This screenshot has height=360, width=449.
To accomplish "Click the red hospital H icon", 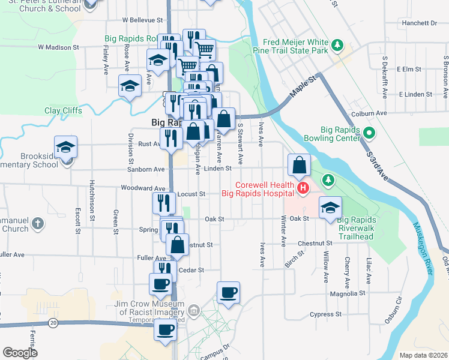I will tap(303, 189).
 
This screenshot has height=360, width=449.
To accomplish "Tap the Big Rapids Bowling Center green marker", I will tap(370, 133).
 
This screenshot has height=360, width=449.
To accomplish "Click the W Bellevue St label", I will tap(143, 20).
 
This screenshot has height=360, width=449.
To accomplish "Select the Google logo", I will tap(20, 353).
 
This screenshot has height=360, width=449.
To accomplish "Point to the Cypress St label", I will tap(325, 314).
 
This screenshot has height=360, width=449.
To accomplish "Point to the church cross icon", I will tap(37, 224).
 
